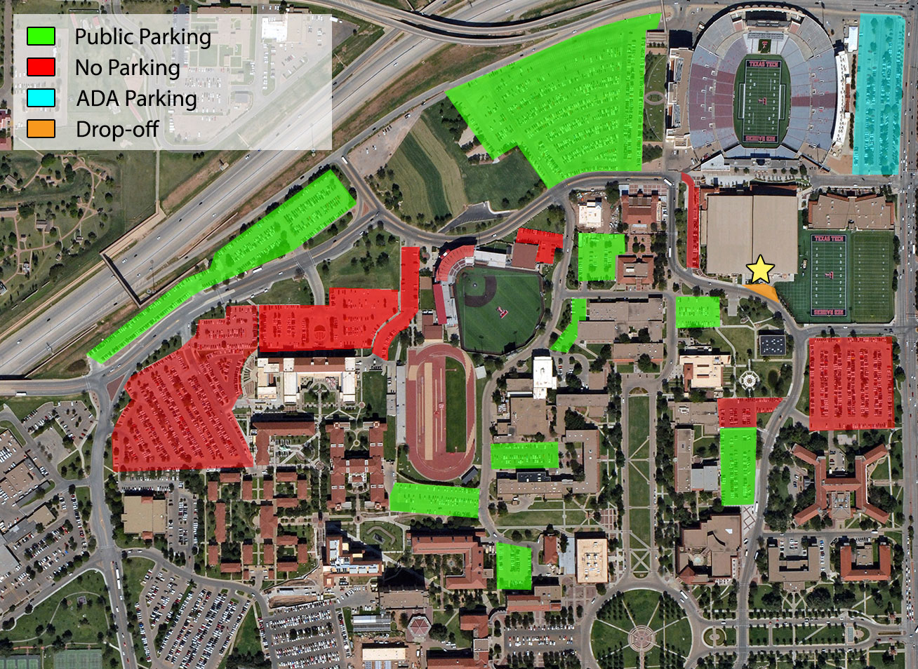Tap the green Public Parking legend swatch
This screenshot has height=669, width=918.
pyautogui.click(x=41, y=36)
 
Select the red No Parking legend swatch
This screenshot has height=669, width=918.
pyautogui.click(x=41, y=67)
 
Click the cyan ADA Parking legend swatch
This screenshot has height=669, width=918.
pyautogui.click(x=41, y=98)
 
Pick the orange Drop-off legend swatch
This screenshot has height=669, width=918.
pyautogui.click(x=41, y=129)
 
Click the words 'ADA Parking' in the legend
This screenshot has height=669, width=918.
pyautogui.click(x=136, y=98)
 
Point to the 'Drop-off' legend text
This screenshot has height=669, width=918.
pyautogui.click(x=117, y=129)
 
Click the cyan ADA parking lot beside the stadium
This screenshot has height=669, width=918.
pyautogui.click(x=877, y=95)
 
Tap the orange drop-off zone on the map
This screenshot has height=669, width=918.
pyautogui.click(x=764, y=292)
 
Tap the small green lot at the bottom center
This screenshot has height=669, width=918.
pyautogui.click(x=514, y=566)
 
